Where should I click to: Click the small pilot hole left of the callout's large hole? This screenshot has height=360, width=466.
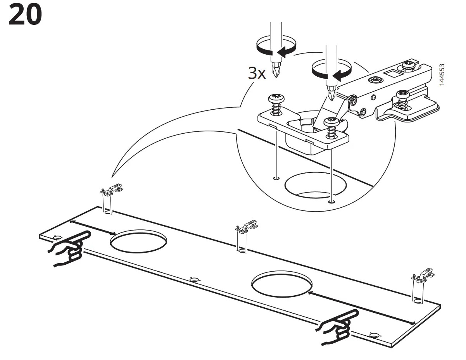tap(276, 178)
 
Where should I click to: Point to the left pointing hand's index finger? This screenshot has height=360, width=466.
tap(79, 238)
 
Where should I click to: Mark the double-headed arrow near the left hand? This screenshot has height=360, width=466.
tap(92, 227)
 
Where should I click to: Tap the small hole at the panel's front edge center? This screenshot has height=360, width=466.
tap(194, 279)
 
